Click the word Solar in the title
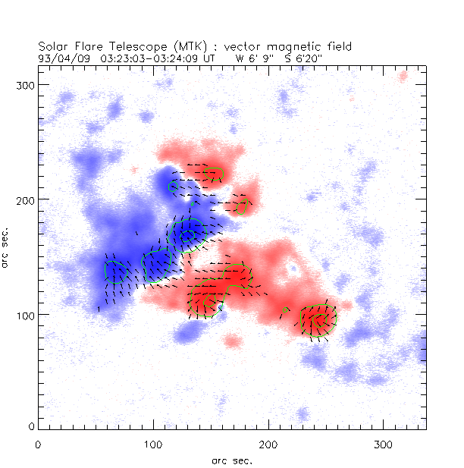(x=52, y=46)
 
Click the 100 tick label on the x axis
(x=153, y=444)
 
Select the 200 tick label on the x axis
(x=268, y=444)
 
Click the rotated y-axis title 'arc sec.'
(x=8, y=247)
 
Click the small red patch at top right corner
(x=403, y=76)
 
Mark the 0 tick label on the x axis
(x=38, y=444)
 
